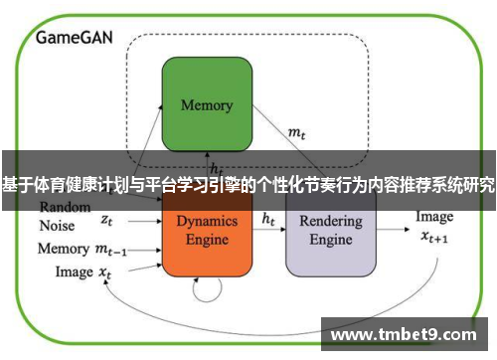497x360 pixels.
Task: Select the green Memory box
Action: click(x=207, y=104)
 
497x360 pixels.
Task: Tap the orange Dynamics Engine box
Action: click(x=208, y=233)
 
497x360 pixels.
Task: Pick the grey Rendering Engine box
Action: click(x=331, y=233)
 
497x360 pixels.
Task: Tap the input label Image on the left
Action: click(x=74, y=270)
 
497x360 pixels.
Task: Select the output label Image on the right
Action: click(x=433, y=217)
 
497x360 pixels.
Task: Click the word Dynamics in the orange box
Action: click(x=208, y=221)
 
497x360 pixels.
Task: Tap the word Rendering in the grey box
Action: click(x=331, y=221)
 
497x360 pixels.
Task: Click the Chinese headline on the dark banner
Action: click(x=248, y=186)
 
